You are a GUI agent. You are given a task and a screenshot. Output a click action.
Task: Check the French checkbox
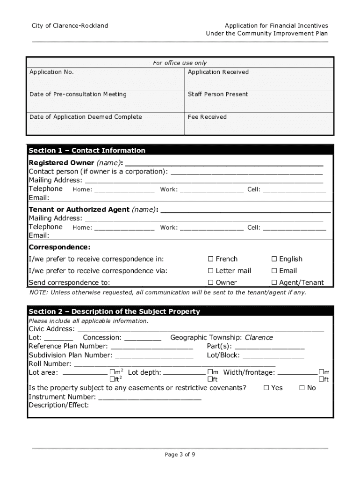[211, 259]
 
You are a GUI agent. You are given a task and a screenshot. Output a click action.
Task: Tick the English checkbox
[274, 259]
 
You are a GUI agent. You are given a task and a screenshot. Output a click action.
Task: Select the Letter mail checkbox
[211, 271]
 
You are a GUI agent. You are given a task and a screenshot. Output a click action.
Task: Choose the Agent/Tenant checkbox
[274, 283]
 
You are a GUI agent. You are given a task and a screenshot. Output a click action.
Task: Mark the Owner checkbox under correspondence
[211, 283]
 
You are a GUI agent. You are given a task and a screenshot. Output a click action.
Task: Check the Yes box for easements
[266, 388]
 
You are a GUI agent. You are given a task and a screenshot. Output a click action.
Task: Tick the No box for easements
[302, 388]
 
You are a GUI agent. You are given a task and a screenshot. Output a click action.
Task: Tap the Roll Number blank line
[175, 364]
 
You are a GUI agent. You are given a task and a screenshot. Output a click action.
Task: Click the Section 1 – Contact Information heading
[87, 150]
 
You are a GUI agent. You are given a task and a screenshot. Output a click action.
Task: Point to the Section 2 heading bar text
[114, 312]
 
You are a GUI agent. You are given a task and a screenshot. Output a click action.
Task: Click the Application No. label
[51, 72]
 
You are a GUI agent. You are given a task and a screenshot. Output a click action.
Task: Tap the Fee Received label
[207, 117]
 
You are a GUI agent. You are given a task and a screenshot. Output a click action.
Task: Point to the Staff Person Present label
[218, 94]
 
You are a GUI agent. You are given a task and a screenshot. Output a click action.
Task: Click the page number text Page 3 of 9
[180, 454]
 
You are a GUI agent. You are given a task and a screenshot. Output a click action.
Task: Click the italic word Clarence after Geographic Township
[259, 338]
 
